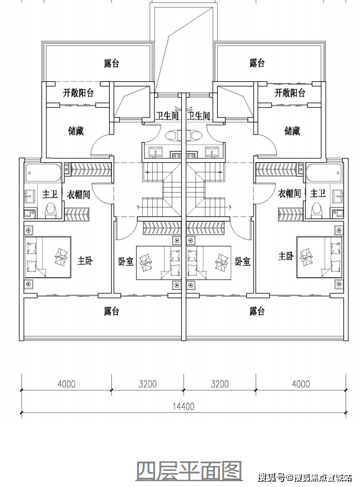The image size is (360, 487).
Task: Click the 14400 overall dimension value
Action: [184, 406]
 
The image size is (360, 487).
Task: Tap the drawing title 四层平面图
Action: [189, 471]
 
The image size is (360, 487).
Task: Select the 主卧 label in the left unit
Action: [85, 260]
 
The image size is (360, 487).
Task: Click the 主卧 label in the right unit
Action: [286, 256]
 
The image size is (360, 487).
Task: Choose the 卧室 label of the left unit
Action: [126, 262]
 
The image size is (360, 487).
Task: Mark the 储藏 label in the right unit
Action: [292, 131]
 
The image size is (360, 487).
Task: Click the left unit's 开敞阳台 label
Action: [78, 92]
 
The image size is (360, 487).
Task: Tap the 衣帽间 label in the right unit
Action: [290, 194]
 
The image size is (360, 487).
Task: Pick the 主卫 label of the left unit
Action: [50, 194]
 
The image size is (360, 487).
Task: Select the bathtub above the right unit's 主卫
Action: [323, 173]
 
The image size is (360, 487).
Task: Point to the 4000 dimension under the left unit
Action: [66, 384]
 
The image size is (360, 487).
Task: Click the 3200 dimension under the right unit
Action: [219, 384]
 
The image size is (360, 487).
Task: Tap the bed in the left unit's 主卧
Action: [48, 257]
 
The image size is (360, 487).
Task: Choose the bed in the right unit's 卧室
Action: [209, 263]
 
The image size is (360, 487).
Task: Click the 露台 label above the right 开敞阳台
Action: [257, 63]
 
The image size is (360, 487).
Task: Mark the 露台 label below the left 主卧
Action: [112, 311]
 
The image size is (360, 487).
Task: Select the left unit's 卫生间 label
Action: [168, 116]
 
